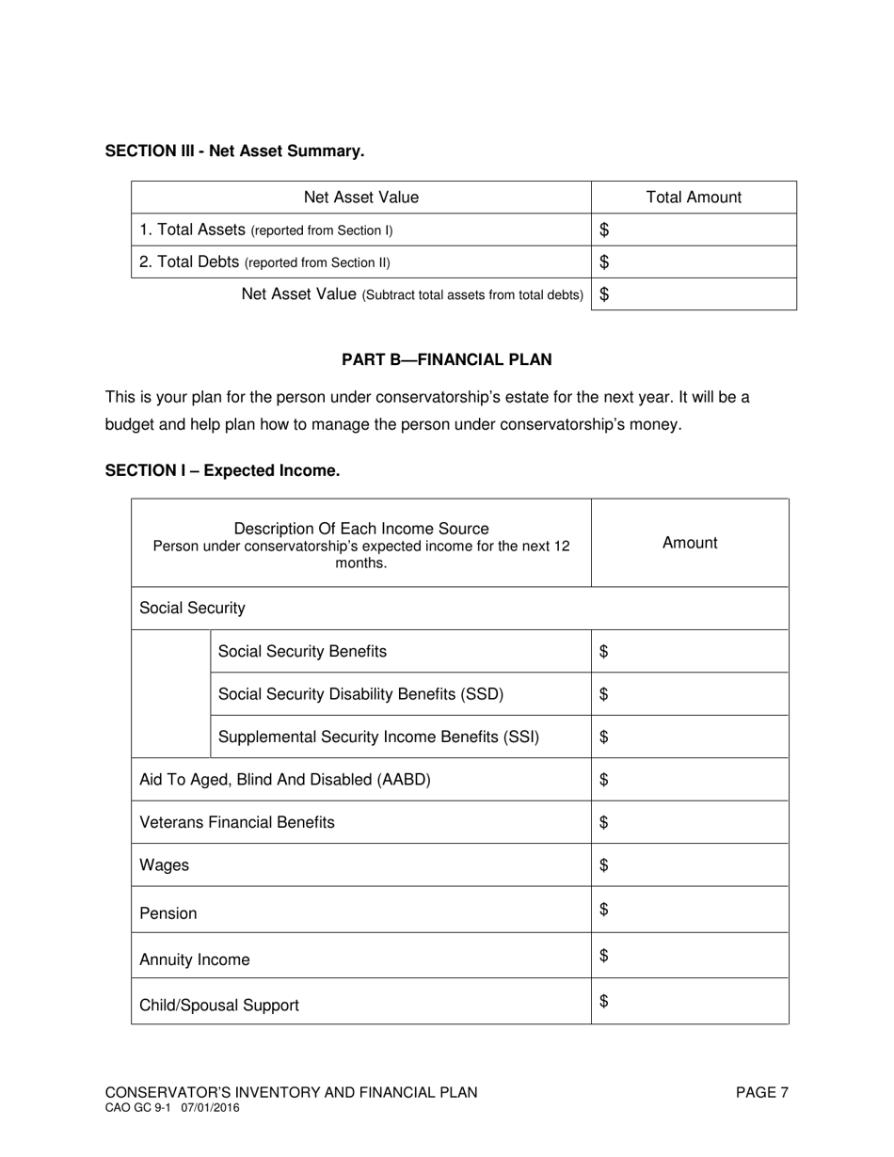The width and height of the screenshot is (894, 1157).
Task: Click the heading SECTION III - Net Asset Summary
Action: (x=234, y=151)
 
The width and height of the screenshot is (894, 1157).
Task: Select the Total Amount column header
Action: (x=694, y=198)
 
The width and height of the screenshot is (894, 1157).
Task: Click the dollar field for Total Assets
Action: (x=694, y=230)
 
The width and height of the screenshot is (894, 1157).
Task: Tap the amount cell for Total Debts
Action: (x=694, y=262)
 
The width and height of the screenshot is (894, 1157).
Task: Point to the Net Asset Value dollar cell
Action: (x=694, y=294)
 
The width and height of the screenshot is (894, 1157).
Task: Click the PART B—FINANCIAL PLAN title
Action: (x=446, y=359)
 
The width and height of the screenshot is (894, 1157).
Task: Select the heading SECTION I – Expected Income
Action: (x=222, y=470)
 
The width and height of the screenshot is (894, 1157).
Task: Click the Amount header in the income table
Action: (x=690, y=543)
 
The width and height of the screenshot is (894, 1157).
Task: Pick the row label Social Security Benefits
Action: (x=302, y=651)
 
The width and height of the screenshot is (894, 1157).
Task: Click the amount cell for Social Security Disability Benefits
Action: (x=690, y=694)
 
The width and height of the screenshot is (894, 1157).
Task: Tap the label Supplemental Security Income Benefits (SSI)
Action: (x=378, y=737)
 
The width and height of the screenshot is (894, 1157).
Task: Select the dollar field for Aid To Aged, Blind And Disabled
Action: (x=690, y=780)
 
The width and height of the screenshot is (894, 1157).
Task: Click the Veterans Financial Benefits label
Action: (x=237, y=822)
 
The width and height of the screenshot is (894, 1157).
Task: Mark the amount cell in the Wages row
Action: (x=690, y=864)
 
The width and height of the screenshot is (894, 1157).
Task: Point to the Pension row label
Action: (x=168, y=913)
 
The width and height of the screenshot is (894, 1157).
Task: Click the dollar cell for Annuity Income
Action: (x=690, y=956)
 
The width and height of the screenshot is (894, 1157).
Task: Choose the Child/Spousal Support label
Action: (x=219, y=1005)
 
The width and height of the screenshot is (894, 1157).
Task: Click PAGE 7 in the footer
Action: (x=761, y=1092)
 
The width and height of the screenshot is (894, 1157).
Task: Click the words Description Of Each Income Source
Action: (x=361, y=529)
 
